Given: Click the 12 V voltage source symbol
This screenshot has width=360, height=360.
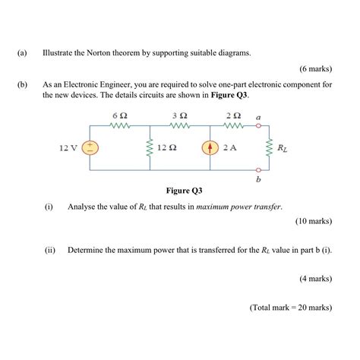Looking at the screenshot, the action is [90, 147].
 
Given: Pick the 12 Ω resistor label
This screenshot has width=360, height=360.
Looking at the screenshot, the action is [167, 147].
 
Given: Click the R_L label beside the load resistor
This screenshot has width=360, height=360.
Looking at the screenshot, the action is [283, 147].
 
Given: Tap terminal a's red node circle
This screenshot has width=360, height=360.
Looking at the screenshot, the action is [259, 127].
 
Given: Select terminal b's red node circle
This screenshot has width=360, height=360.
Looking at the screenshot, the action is [259, 171].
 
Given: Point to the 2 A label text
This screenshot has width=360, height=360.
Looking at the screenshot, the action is [229, 147].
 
